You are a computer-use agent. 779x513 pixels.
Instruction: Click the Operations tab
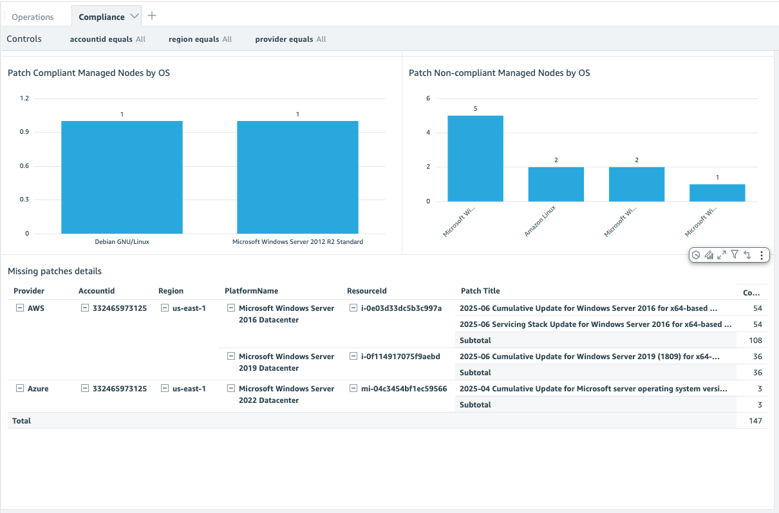point(33,17)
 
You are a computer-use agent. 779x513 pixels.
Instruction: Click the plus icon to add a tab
point(152,15)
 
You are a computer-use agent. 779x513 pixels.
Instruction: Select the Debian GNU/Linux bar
point(122,177)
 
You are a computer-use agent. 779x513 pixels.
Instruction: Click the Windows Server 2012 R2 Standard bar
point(297,177)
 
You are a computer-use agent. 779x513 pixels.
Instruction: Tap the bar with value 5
point(475,158)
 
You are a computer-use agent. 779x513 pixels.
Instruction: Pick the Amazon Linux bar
point(556,184)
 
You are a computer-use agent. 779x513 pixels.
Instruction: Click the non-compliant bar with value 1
point(717,192)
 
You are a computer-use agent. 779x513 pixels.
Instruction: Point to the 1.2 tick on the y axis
point(24,98)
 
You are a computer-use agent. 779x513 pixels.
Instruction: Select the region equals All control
point(200,39)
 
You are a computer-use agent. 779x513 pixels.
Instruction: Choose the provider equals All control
point(290,39)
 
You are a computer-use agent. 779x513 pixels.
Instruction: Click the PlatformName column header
point(252,291)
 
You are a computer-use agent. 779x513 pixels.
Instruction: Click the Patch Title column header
point(480,291)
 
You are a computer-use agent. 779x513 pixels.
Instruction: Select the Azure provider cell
point(38,389)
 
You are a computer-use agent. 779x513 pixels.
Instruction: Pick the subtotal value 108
point(755,340)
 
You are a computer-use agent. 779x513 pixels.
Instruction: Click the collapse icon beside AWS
point(19,308)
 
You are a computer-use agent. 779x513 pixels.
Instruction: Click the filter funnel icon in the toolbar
point(734,255)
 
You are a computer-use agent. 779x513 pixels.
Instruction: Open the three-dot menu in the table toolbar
point(762,255)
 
